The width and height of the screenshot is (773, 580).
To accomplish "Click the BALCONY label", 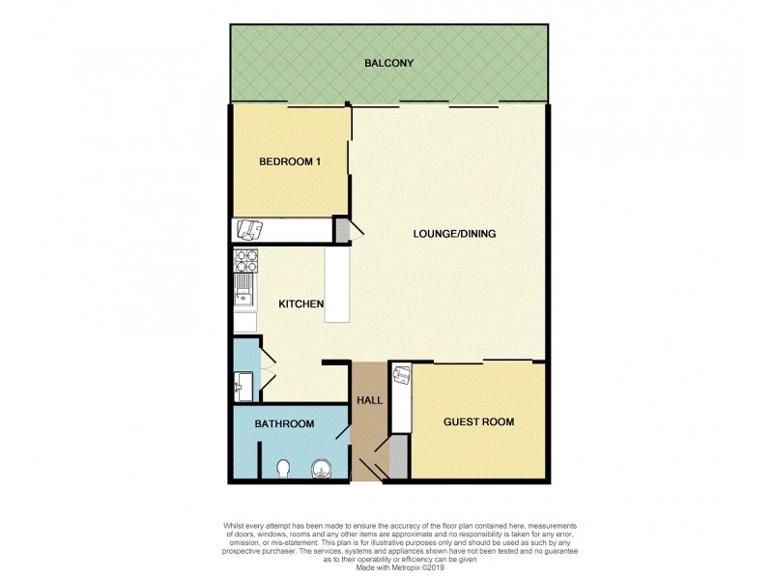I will (x=388, y=64).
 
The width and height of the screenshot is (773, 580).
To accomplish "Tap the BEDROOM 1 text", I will (x=289, y=161).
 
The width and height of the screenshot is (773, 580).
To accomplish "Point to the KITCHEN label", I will (x=301, y=304).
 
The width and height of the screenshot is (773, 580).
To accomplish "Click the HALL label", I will (x=369, y=399).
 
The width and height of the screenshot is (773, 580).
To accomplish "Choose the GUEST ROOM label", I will (x=478, y=421).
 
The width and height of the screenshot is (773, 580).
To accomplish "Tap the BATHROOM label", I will (x=284, y=424).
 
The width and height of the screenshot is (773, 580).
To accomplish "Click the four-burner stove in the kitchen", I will (x=244, y=260).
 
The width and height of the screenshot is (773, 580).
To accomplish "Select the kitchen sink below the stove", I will (x=243, y=287).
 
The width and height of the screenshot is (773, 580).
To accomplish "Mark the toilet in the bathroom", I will (x=283, y=469).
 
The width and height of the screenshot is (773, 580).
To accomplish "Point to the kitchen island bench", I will (x=337, y=284).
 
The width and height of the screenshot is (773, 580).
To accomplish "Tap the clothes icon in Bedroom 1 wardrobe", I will (x=250, y=229).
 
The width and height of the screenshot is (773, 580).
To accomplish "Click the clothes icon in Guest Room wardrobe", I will (x=401, y=375).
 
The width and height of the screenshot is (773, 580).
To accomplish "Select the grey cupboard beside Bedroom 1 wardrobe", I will (x=341, y=230).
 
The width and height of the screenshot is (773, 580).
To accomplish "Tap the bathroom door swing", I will (x=342, y=430).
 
